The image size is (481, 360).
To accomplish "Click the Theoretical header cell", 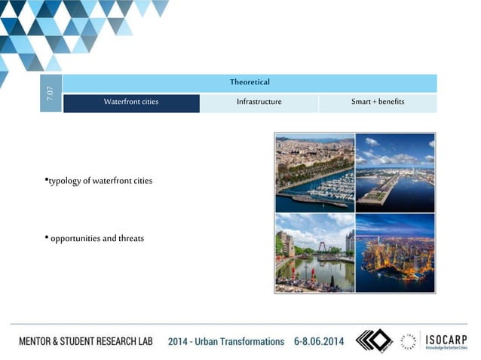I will pyautogui.click(x=250, y=82).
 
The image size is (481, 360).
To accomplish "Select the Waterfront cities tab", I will pyautogui.click(x=131, y=102).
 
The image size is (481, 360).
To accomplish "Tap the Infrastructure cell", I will pyautogui.click(x=259, y=102).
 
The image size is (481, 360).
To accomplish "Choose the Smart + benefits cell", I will pyautogui.click(x=378, y=102).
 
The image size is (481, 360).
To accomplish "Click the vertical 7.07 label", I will pyautogui.click(x=51, y=94).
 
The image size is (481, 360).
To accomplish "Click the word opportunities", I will pyautogui.click(x=75, y=239).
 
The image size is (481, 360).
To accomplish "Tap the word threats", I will pyautogui.click(x=129, y=239).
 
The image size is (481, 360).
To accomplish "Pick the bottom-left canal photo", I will pyautogui.click(x=314, y=252).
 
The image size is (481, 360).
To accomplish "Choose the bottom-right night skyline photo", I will pyautogui.click(x=394, y=252).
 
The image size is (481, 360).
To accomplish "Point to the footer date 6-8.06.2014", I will pyautogui.click(x=319, y=341).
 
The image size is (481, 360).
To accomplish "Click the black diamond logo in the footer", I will pyautogui.click(x=375, y=341).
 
